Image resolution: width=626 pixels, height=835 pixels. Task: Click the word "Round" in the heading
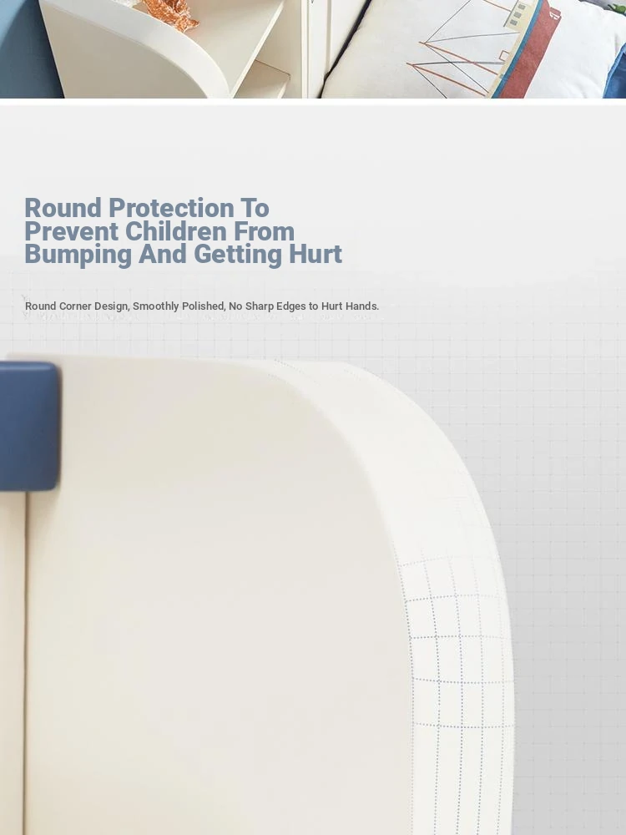[x=63, y=208]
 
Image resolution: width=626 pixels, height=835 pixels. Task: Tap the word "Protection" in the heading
[x=170, y=208]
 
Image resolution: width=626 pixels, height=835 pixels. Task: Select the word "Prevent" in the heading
[x=71, y=231]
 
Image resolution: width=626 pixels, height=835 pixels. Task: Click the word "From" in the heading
[x=264, y=231]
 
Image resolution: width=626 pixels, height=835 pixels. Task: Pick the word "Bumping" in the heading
[x=78, y=255]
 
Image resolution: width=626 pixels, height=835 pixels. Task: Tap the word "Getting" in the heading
[x=238, y=255]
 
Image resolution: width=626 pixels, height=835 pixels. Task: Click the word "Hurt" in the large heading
[x=316, y=254]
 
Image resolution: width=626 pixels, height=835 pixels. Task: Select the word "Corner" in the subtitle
[x=75, y=306]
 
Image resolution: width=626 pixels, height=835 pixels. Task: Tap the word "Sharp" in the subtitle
[x=260, y=306]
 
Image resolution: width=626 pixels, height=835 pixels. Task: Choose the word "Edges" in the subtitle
[x=291, y=306]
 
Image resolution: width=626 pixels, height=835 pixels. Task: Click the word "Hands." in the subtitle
[x=362, y=306]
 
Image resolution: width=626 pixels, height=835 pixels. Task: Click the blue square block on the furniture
[x=28, y=426]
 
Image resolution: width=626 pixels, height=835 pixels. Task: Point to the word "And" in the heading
[x=163, y=254]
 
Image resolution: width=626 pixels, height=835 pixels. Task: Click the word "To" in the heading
[x=255, y=208]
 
